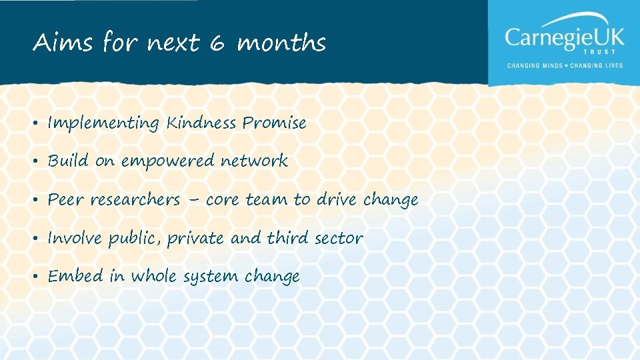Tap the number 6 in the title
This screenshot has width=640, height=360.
pyautogui.click(x=217, y=44)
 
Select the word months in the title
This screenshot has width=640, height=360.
pyautogui.click(x=281, y=44)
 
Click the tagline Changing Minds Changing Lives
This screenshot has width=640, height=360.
pyautogui.click(x=564, y=65)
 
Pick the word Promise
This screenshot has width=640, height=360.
pyautogui.click(x=274, y=123)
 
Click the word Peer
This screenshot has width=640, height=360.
pyautogui.click(x=65, y=199)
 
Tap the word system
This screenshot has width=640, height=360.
pyautogui.click(x=213, y=277)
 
